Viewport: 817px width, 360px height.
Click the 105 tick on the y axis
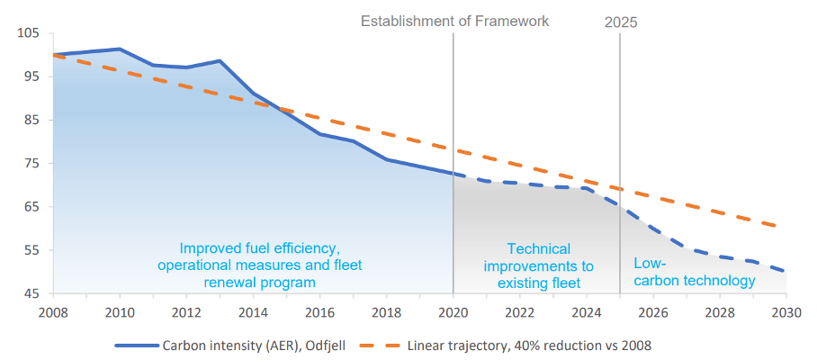[29, 33]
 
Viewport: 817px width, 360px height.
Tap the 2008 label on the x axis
[53, 312]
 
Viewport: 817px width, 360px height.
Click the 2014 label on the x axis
[254, 312]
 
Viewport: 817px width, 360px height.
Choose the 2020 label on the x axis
[453, 312]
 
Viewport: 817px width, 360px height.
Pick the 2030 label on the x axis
[786, 312]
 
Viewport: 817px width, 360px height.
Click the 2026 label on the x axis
[653, 312]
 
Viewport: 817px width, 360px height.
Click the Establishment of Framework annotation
[454, 21]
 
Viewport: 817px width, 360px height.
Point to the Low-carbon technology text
[694, 273]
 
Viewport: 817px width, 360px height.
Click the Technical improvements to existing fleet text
[538, 265]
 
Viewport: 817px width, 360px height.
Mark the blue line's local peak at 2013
[220, 61]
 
